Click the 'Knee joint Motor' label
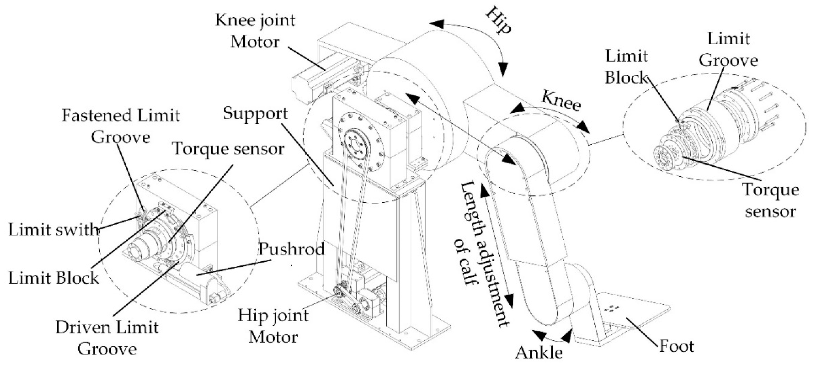pos(255,31)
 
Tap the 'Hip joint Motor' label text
pos(273,326)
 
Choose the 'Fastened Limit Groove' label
pos(120,126)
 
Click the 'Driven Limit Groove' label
pos(107,338)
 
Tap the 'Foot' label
pos(676,346)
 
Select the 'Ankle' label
pos(539,352)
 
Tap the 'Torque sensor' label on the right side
pos(770,201)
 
